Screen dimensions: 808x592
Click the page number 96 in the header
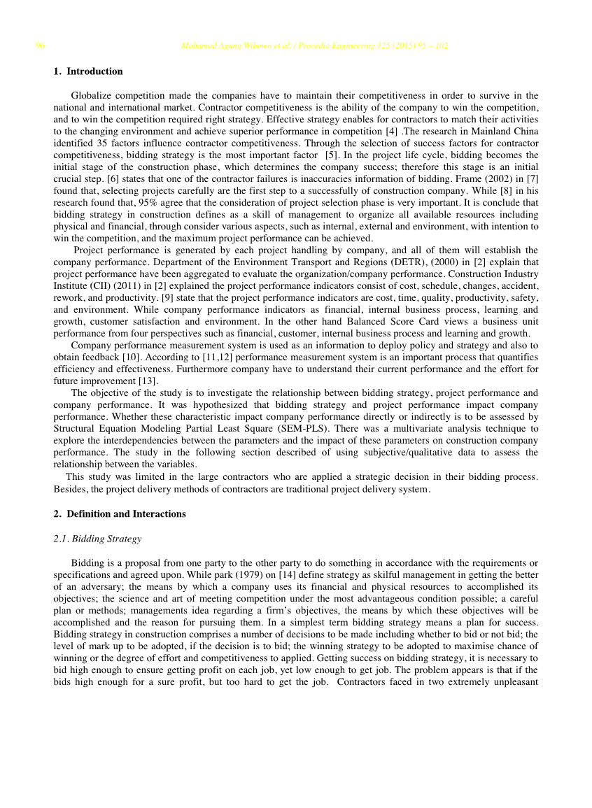point(41,46)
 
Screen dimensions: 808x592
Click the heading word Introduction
point(94,71)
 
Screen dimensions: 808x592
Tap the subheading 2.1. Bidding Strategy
point(97,539)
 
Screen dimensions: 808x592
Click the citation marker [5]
point(332,155)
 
